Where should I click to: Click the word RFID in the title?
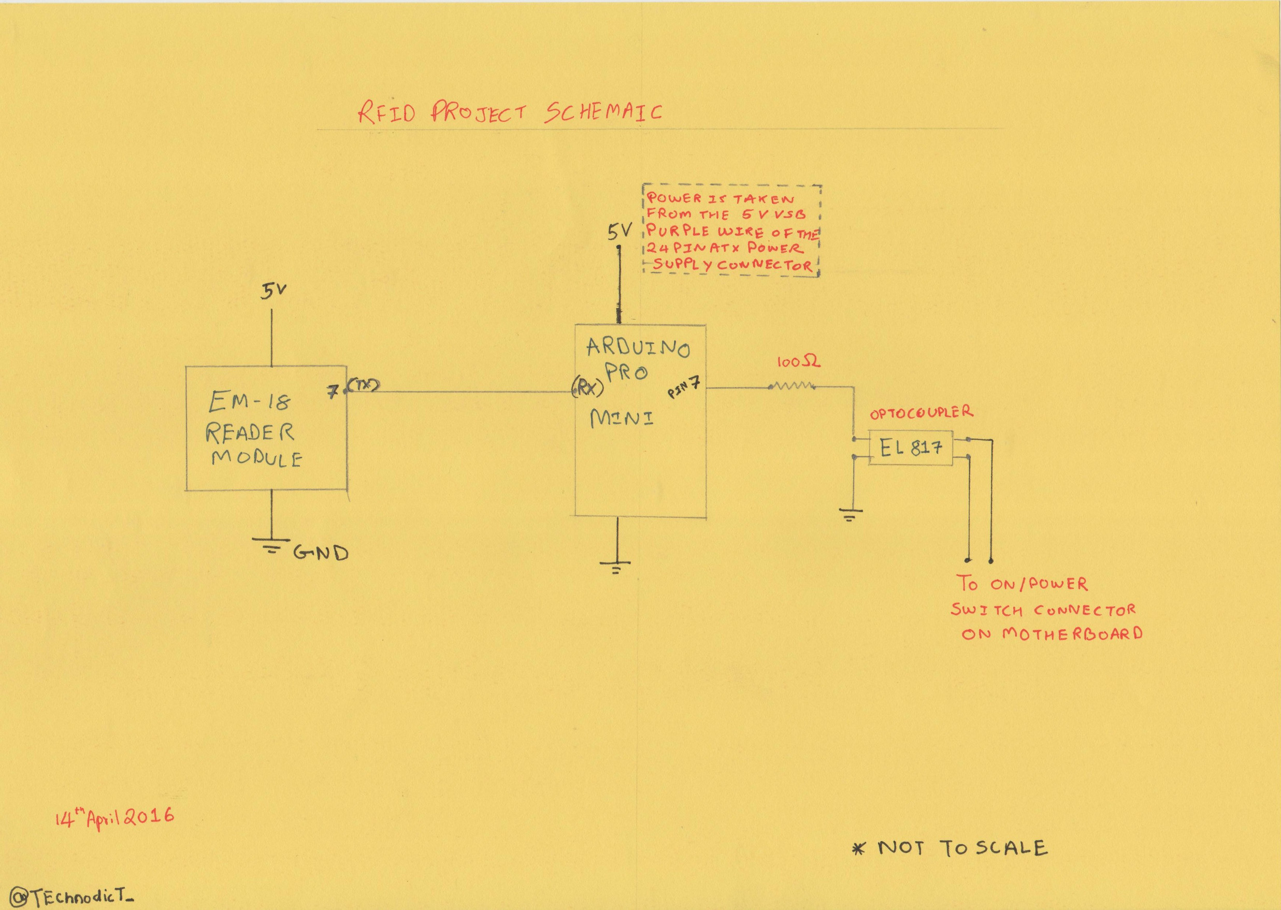tap(386, 114)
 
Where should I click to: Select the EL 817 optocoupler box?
tap(910, 447)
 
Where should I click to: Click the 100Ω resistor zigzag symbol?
tap(791, 385)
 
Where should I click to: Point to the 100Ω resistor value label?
tap(798, 363)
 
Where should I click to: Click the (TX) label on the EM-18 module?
tap(364, 385)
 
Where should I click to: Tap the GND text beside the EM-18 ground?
tap(321, 554)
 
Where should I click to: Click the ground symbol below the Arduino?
tap(616, 567)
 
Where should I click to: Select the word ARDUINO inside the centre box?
tap(638, 348)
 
